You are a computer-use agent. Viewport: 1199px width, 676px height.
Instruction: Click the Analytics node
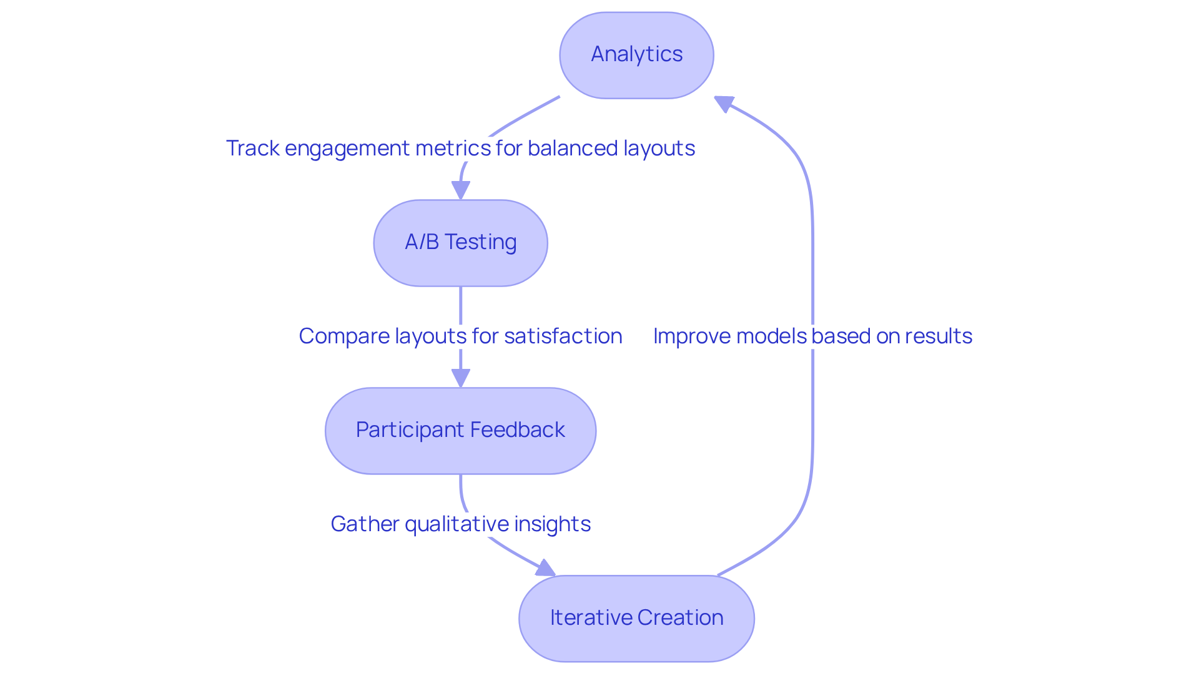coord(636,55)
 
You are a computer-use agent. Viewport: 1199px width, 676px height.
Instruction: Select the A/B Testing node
coord(460,243)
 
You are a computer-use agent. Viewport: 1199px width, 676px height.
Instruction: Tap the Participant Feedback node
coord(460,431)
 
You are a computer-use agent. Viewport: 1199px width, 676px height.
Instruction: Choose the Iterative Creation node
coord(636,619)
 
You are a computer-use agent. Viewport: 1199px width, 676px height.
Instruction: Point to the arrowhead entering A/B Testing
coord(461,190)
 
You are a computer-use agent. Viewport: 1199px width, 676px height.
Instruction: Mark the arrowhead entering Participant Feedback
coord(461,378)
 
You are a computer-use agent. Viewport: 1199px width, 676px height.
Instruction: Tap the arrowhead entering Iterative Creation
coord(545,567)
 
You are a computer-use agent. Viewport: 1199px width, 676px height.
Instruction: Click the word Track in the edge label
coord(252,149)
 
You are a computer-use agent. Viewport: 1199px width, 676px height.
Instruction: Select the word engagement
coord(347,149)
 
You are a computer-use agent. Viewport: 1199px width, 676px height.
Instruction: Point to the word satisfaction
coord(563,336)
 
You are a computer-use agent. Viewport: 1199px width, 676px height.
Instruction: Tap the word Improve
coord(691,336)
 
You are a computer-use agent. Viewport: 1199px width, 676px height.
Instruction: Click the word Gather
coord(365,524)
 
